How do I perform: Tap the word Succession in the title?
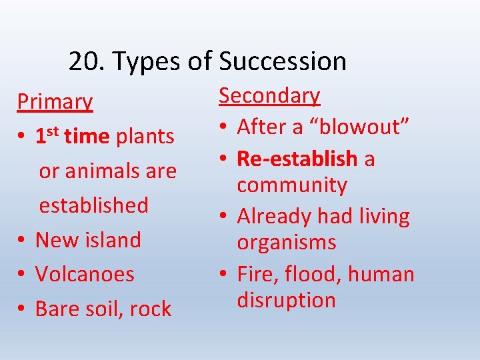click(x=282, y=61)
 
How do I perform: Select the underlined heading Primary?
click(x=55, y=102)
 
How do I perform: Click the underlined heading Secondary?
click(x=269, y=96)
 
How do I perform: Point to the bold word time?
click(x=87, y=137)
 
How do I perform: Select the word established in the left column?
click(x=93, y=205)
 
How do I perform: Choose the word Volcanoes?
click(x=85, y=274)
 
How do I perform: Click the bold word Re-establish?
click(x=297, y=159)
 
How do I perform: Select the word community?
click(x=292, y=185)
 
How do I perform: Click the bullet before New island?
click(x=22, y=240)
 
